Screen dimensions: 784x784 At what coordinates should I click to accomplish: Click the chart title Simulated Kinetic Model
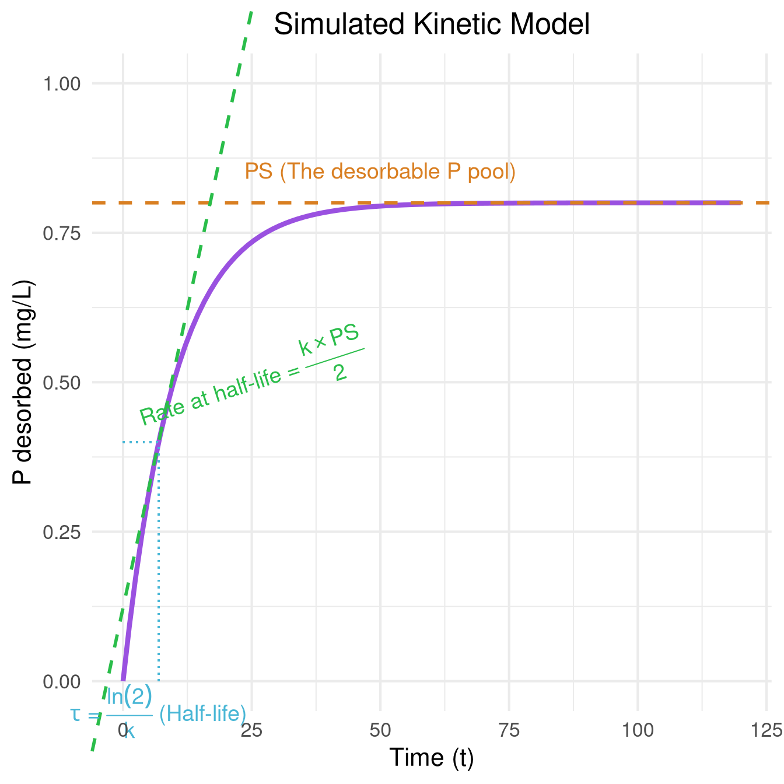432,24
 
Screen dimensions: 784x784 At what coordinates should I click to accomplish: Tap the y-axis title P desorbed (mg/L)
23,383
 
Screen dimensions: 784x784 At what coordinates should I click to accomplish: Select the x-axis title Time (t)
432,758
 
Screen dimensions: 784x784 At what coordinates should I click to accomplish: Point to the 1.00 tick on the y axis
61,83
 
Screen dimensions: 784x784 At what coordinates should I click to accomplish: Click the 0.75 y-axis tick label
61,233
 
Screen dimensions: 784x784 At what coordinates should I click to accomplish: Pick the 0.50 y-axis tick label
61,383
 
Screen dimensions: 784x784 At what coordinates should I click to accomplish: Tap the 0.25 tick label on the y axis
61,532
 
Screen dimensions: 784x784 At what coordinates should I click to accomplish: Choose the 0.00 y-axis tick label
61,681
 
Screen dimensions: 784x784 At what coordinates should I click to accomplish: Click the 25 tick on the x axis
251,730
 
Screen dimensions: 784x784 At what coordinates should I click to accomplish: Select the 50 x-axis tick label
380,730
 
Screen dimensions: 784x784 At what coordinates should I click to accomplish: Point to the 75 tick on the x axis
509,730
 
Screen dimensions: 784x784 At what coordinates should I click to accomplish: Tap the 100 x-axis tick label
638,730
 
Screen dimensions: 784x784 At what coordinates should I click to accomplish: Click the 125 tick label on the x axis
766,730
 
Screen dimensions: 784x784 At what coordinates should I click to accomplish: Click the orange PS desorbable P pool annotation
380,171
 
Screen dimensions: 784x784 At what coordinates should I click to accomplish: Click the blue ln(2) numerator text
129,695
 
